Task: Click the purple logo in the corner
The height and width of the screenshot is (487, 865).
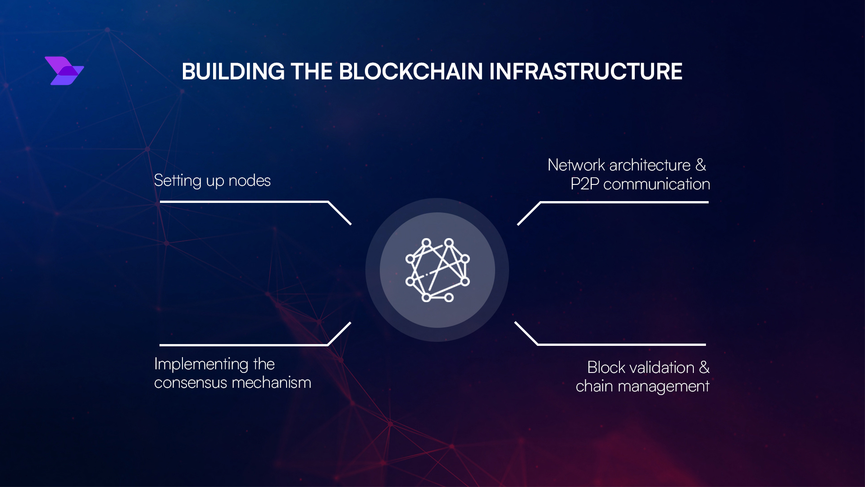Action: pos(64,71)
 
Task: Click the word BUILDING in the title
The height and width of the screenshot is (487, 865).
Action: pos(233,72)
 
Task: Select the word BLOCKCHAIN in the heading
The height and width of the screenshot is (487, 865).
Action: pos(410,72)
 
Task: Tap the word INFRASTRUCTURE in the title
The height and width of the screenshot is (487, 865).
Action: pos(585,72)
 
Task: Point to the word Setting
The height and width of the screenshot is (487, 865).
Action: pos(178,181)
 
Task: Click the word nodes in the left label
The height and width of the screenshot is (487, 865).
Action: pos(249,181)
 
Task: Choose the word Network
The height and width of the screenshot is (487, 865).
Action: pos(576,165)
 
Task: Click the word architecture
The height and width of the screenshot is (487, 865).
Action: pos(650,165)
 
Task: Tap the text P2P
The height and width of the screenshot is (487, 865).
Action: pos(584,184)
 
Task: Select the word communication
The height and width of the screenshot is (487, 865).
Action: pos(656,184)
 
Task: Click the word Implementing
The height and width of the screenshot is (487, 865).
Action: pos(201,364)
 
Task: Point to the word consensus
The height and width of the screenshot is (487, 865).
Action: pos(190,383)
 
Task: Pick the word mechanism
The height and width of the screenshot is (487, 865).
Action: pos(271,383)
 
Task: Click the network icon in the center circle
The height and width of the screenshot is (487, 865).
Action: pos(437,270)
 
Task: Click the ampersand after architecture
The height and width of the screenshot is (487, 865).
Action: pos(701,165)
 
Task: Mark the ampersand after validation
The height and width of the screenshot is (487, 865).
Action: pos(704,368)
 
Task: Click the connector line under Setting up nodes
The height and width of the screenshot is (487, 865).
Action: pos(244,202)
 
